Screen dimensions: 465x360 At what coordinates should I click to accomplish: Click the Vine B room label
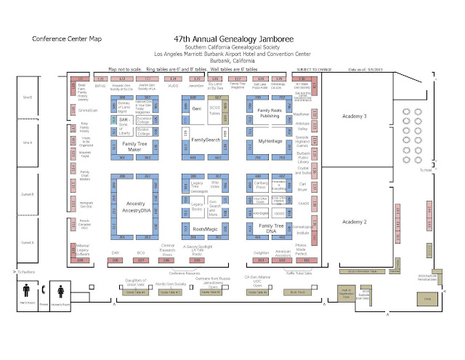pyautogui.click(x=28, y=97)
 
